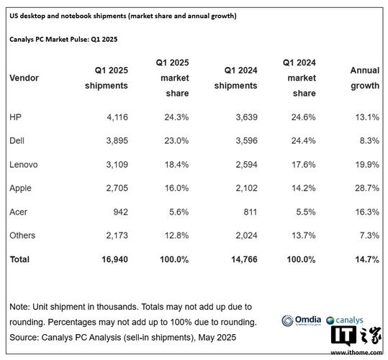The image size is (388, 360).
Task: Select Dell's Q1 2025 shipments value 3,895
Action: click(113, 141)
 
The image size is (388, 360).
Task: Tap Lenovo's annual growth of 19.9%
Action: click(365, 165)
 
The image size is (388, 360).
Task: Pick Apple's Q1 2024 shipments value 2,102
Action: click(218, 188)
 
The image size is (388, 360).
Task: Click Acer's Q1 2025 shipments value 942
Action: click(117, 212)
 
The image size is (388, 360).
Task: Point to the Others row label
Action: click(22, 235)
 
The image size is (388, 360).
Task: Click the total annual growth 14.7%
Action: click(365, 258)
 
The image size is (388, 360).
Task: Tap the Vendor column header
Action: click(25, 78)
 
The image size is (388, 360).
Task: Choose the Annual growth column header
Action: click(364, 78)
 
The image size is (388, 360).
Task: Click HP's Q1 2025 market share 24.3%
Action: click(173, 117)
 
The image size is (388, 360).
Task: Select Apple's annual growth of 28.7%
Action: click(365, 188)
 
